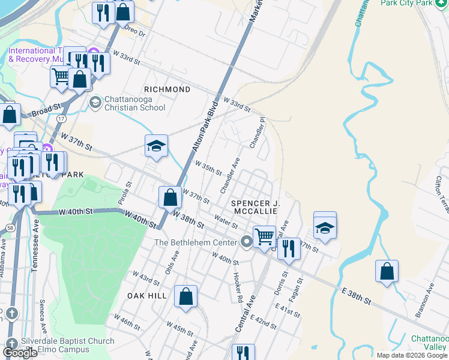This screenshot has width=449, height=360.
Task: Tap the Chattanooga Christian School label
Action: pos(134,103)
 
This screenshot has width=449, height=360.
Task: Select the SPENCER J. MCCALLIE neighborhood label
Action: pos(255,207)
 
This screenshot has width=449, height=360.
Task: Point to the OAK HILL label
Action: pos(147,296)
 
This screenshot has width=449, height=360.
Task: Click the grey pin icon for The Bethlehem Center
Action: pos(247,242)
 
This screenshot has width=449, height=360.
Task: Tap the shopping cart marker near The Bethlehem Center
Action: pos(264,236)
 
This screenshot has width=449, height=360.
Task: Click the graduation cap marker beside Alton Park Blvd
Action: pos(156,146)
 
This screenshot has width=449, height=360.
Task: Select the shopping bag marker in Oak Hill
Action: pos(186,296)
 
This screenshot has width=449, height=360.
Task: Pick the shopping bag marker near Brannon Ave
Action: pos(387,271)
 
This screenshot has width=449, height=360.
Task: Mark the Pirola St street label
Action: pos(127,194)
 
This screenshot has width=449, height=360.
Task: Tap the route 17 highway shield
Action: pos(61,119)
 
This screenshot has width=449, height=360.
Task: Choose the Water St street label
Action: pos(226,223)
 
